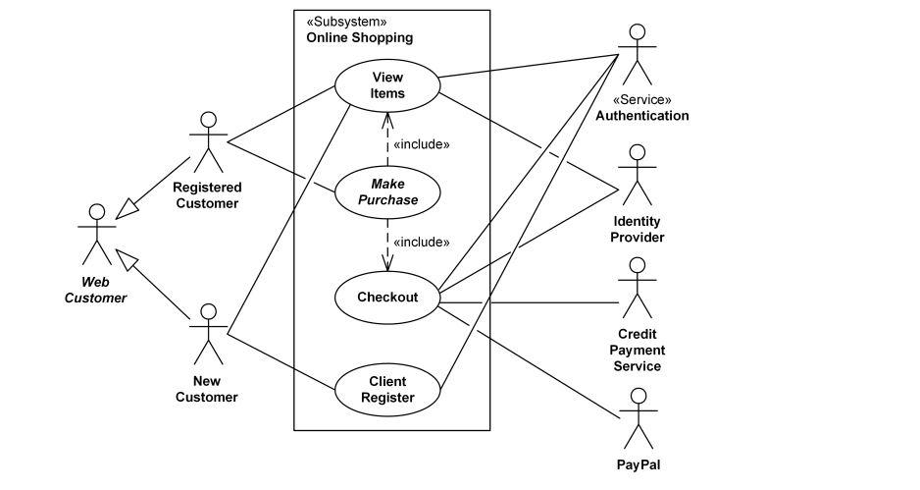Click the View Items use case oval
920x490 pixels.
pos(388,85)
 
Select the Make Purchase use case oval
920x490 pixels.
pos(388,191)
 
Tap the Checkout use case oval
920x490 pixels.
pos(387,297)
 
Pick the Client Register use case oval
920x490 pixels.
pos(387,390)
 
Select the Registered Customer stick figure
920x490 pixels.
pos(207,142)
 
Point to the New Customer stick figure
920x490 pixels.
pos(207,335)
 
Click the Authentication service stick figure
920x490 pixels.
pos(638,53)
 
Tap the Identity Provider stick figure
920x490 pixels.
pos(638,175)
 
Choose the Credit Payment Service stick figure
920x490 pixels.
pos(638,288)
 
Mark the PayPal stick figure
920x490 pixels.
pos(638,418)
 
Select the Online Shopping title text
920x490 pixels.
pos(359,37)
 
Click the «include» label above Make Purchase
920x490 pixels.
pos(421,144)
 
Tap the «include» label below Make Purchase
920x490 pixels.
pos(421,242)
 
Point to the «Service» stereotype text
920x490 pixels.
pos(641,99)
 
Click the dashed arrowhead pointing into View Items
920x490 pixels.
pos(388,120)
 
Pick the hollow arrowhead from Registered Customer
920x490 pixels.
pos(128,207)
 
